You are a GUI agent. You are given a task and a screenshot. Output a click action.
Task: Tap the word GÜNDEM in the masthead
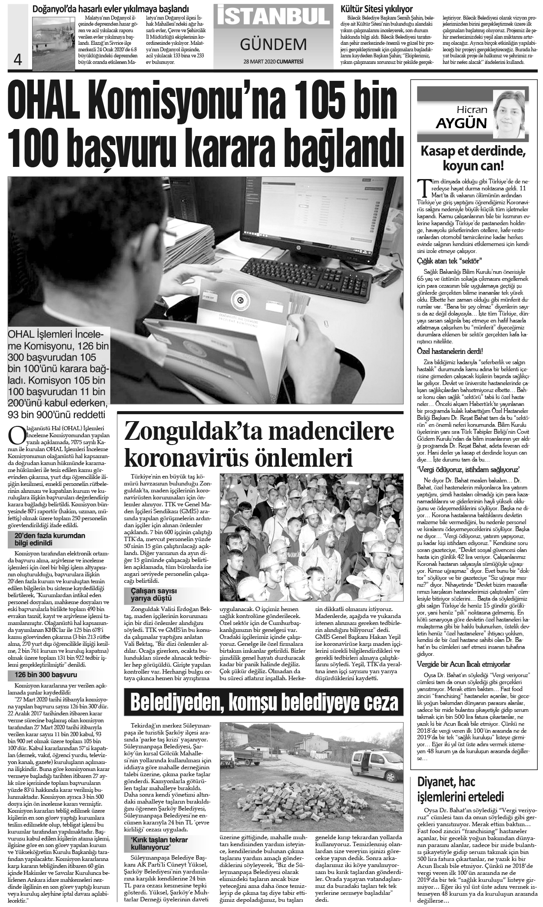click(x=273, y=43)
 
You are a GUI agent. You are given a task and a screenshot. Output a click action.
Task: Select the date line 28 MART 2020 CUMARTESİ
click(x=273, y=61)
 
